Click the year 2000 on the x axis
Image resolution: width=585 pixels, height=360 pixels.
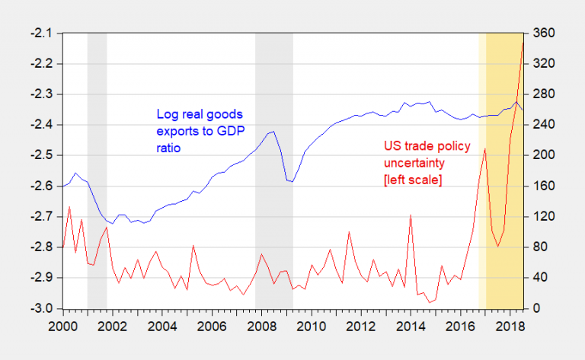(x=62, y=325)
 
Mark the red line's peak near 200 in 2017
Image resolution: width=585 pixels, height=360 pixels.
(x=485, y=148)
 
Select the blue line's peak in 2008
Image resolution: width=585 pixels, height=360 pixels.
(x=273, y=132)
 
